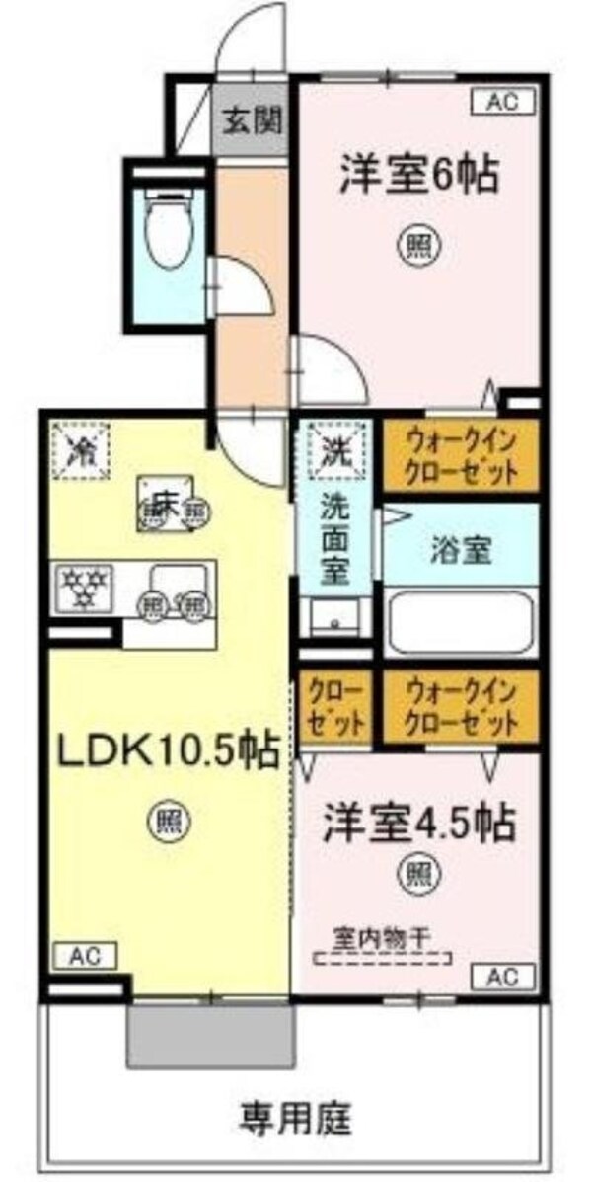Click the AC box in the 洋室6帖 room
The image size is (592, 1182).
coord(506,101)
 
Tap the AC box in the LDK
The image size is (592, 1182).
coord(84,955)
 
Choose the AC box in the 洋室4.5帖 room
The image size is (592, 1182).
coord(507,977)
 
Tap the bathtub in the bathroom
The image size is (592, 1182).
coord(460,621)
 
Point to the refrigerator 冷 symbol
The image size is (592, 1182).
coord(82,450)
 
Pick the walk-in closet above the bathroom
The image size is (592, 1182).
coord(460,455)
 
